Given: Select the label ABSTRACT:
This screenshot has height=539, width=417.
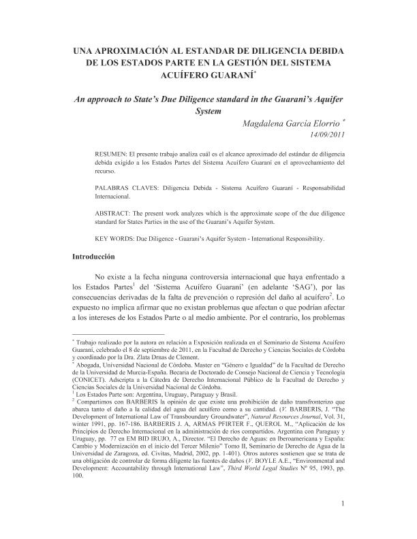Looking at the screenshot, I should [x=114, y=212].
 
